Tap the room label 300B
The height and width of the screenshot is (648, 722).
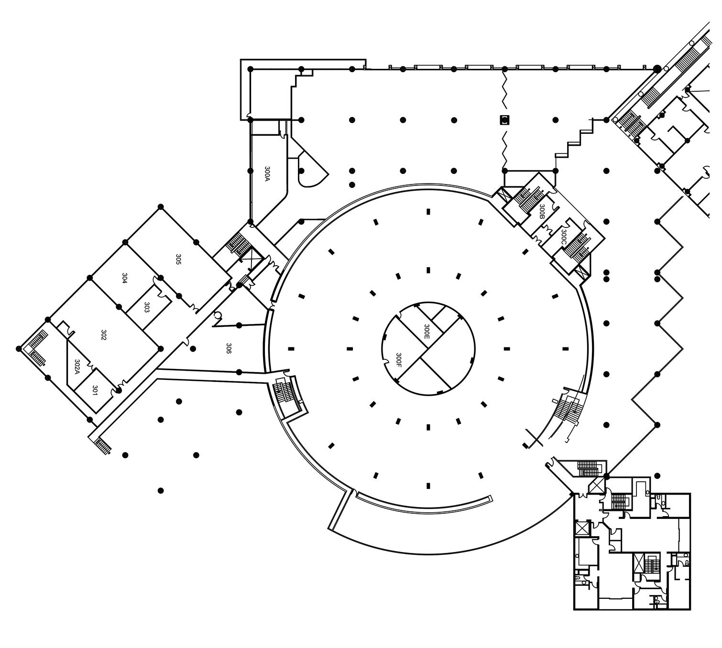click(x=542, y=211)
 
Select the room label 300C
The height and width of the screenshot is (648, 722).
click(x=563, y=237)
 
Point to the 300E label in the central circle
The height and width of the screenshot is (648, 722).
click(x=427, y=332)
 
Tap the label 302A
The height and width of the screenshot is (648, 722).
click(x=77, y=367)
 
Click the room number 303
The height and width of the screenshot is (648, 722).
click(x=147, y=308)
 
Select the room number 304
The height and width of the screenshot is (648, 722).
click(x=124, y=279)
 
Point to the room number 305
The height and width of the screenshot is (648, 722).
click(x=178, y=260)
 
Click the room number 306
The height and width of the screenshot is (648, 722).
click(x=229, y=348)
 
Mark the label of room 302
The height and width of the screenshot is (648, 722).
click(x=103, y=335)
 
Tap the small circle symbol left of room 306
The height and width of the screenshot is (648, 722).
click(x=218, y=315)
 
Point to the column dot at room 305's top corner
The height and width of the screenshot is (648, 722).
click(x=161, y=207)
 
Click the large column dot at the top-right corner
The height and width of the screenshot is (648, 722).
click(x=657, y=69)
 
